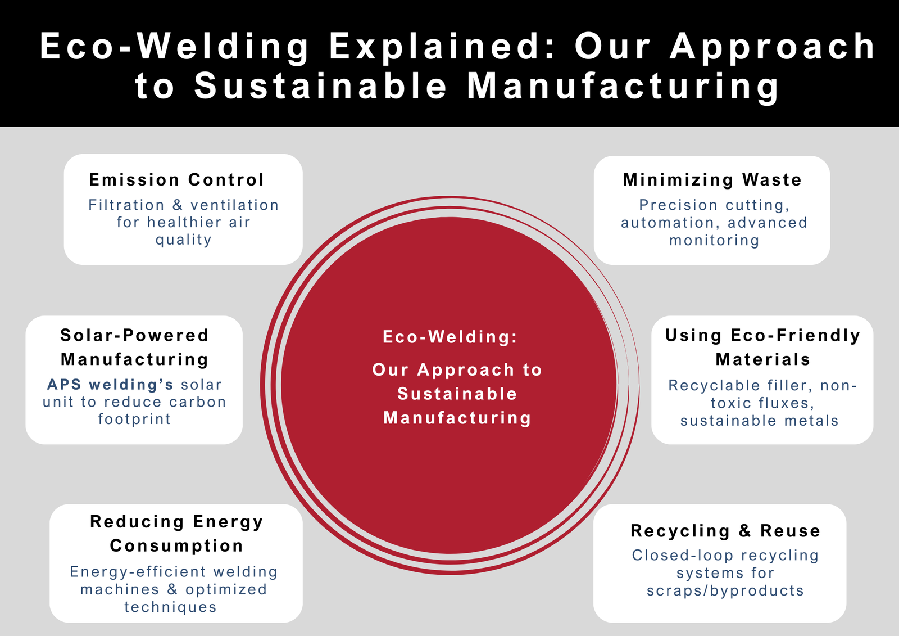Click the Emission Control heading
point(176,180)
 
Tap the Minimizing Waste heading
point(712,180)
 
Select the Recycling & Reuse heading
point(725,531)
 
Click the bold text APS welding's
point(110,385)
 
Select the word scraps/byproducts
point(725,591)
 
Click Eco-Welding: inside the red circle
point(449,337)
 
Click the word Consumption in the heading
point(176,545)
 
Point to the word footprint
point(134,420)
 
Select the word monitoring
point(714,241)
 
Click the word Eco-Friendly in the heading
point(795,336)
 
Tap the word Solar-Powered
point(134,336)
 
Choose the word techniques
point(170,607)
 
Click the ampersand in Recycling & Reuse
point(745,531)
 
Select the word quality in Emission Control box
point(184,240)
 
